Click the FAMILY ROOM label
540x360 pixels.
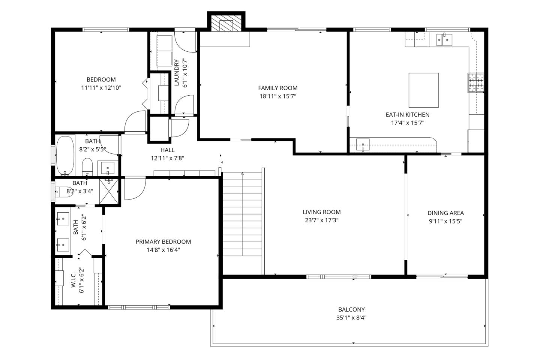(x=277, y=88)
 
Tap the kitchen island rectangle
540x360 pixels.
(x=423, y=90)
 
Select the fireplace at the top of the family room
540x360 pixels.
(x=226, y=24)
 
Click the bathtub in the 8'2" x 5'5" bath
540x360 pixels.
(x=66, y=156)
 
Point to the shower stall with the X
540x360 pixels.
(x=109, y=191)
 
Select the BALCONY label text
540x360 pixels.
(x=351, y=309)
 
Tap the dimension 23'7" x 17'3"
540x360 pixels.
(x=321, y=220)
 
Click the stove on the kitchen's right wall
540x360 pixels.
(x=475, y=83)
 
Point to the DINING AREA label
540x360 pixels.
(x=445, y=213)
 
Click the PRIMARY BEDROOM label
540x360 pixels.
(x=163, y=241)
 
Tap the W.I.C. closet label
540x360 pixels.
(x=73, y=280)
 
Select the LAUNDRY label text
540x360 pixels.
(x=176, y=73)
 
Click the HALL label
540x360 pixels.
(x=167, y=150)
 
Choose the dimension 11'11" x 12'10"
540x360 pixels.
(x=101, y=88)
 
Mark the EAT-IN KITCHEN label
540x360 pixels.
(x=407, y=114)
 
